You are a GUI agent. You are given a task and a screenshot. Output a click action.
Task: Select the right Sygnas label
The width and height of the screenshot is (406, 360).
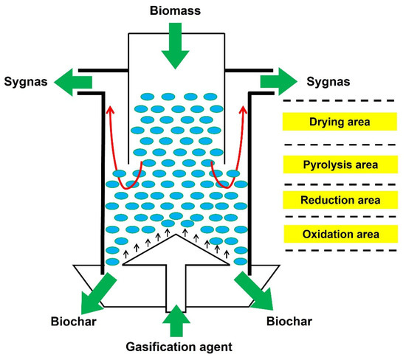(x=322, y=79)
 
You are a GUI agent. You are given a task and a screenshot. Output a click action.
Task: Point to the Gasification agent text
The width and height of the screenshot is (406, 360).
(x=176, y=346)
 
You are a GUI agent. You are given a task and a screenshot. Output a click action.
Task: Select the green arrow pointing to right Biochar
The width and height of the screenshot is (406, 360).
(x=255, y=291)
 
